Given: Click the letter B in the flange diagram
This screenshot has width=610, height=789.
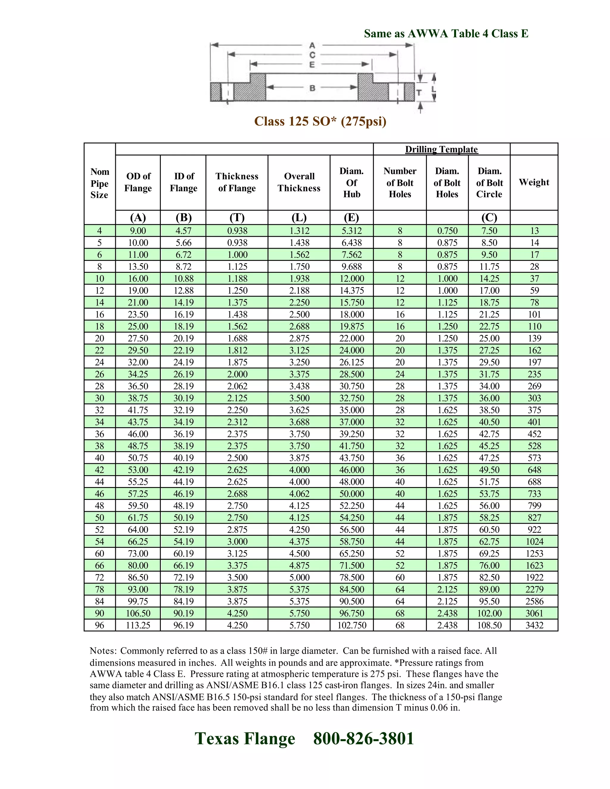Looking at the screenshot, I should click(312, 88).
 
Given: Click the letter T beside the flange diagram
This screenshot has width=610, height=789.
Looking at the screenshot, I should click(419, 93).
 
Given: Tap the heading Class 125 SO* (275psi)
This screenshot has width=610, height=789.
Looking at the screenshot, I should click(320, 121).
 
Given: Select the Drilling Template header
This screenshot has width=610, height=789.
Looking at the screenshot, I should click(441, 149).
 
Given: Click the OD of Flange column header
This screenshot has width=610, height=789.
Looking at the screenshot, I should click(138, 182).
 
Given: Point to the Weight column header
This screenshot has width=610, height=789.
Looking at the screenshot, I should click(534, 182).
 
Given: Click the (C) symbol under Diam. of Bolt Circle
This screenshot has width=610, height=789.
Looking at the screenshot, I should click(489, 217).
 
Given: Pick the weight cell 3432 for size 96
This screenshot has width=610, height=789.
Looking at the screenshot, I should click(534, 625).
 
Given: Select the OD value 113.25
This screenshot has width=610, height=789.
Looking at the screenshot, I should click(138, 625).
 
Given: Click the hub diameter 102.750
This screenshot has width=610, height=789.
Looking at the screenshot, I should click(352, 625).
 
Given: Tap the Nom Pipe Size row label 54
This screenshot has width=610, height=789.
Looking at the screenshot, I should click(99, 542).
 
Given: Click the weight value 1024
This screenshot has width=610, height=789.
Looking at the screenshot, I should click(534, 542).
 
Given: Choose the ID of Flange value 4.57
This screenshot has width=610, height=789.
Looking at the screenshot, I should click(183, 231).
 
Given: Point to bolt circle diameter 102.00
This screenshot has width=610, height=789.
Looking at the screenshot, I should click(489, 613).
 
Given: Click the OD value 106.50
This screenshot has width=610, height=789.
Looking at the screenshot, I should click(138, 613).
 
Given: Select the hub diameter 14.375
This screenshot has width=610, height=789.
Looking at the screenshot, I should click(352, 291).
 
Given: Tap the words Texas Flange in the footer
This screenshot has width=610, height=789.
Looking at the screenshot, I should click(245, 738).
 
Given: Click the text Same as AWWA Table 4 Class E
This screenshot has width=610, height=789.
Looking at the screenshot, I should click(446, 34).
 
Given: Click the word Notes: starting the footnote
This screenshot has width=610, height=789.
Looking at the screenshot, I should click(103, 651).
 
